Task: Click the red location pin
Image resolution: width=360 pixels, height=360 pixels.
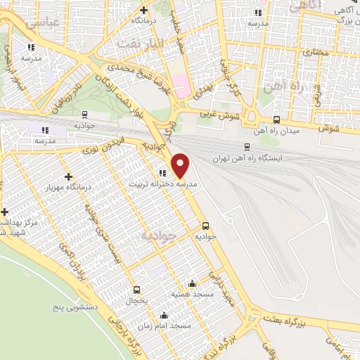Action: [181, 165]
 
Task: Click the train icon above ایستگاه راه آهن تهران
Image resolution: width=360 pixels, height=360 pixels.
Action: [246, 147]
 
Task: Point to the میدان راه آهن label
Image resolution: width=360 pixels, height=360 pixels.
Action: [279, 131]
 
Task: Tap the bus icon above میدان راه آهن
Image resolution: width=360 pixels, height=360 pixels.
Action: [276, 120]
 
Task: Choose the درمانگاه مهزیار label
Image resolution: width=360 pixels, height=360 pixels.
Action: [69, 186]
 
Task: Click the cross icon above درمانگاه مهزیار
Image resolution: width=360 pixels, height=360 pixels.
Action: [68, 176]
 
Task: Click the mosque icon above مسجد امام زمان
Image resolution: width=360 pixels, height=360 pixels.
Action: [164, 316]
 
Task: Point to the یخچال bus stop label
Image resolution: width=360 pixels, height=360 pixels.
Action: [138, 300]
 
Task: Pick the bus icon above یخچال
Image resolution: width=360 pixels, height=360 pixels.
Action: [136, 290]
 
